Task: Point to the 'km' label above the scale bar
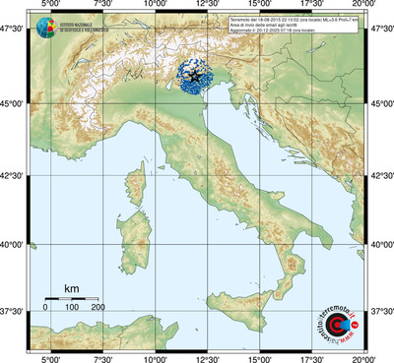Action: tap(72, 288)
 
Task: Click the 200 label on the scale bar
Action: tap(98, 308)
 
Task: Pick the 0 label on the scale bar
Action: tap(46, 308)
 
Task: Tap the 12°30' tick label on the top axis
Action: tap(207, 6)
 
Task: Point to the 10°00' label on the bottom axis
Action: tap(155, 357)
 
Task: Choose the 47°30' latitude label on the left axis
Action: tap(14, 32)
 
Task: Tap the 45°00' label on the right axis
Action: tap(381, 105)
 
